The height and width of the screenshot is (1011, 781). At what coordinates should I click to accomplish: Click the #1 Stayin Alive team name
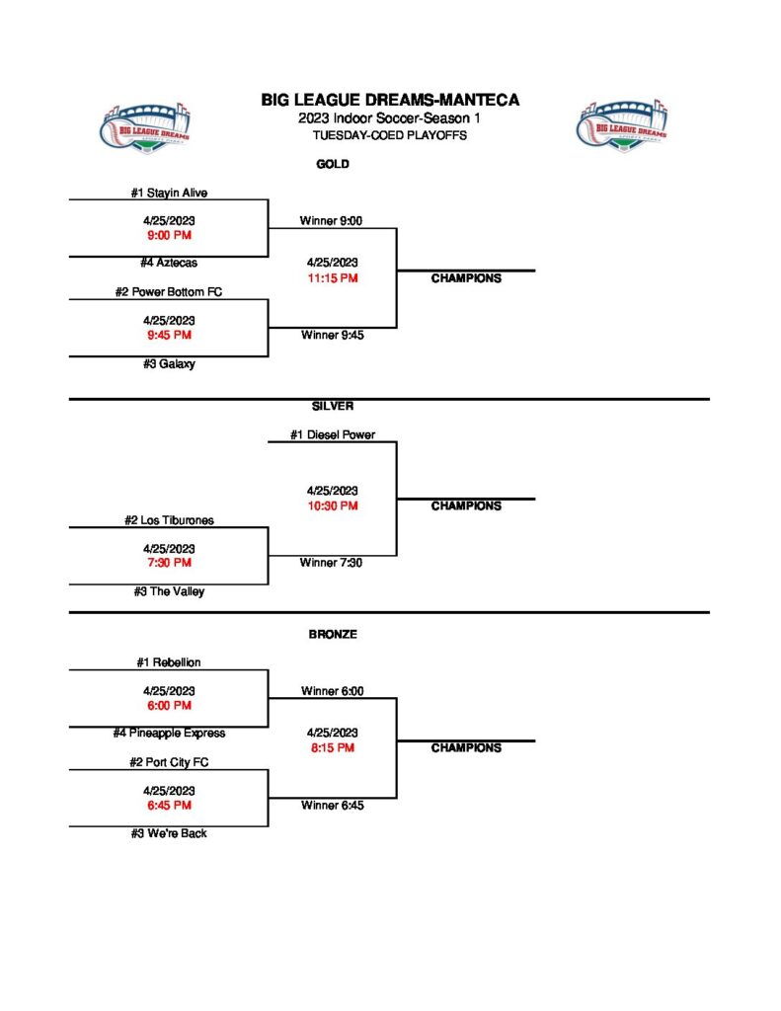[x=169, y=193]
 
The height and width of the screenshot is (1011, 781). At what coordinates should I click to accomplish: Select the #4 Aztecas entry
[x=169, y=263]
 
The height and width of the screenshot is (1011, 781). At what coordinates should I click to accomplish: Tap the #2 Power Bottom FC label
[x=169, y=292]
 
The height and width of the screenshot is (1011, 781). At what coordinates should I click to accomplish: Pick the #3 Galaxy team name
[x=169, y=363]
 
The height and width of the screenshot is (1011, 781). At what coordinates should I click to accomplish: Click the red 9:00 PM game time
[x=169, y=236]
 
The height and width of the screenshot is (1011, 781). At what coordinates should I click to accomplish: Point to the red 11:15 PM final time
[x=332, y=278]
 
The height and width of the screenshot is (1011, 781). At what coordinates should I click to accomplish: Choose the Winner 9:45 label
[x=332, y=335]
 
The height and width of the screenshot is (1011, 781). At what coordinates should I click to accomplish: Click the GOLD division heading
[x=332, y=164]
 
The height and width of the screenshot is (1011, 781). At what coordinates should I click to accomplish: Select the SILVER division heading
[x=332, y=406]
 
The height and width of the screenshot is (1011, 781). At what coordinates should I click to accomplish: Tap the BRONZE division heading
[x=332, y=635]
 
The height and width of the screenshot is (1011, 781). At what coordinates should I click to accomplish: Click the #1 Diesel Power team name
[x=332, y=434]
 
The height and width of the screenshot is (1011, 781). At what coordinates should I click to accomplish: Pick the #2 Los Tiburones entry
[x=169, y=520]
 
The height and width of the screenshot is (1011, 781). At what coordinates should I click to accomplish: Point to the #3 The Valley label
[x=169, y=591]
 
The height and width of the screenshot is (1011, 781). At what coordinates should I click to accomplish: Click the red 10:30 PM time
[x=332, y=505]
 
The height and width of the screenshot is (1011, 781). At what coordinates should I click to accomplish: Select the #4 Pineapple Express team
[x=169, y=734]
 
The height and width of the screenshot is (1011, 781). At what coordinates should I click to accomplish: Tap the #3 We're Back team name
[x=169, y=833]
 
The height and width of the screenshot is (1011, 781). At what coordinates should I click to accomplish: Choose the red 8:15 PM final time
[x=332, y=747]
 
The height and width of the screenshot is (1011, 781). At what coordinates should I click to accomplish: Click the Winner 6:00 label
[x=332, y=691]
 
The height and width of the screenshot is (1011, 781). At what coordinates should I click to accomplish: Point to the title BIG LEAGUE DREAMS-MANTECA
[x=390, y=100]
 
